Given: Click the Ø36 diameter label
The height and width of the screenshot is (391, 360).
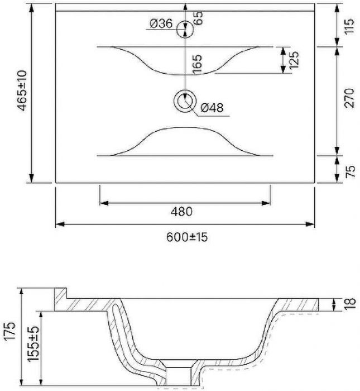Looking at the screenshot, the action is click(x=161, y=23).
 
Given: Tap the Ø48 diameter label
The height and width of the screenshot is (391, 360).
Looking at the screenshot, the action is click(x=212, y=107).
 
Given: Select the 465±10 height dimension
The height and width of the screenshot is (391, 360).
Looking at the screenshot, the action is click(x=22, y=90).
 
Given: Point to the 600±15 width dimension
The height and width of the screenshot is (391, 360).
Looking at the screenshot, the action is click(x=187, y=237).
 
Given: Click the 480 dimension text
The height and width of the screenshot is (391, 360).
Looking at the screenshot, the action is click(x=181, y=212).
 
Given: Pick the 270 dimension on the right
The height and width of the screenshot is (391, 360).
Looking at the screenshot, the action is click(x=349, y=98).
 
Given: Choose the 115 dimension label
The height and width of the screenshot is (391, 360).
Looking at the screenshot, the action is click(x=349, y=26).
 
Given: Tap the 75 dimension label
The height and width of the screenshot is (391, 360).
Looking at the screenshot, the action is click(x=351, y=171).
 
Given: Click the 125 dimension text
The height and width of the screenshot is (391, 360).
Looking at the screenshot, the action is click(x=294, y=60).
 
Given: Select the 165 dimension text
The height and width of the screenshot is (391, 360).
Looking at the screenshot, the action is click(x=198, y=64).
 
